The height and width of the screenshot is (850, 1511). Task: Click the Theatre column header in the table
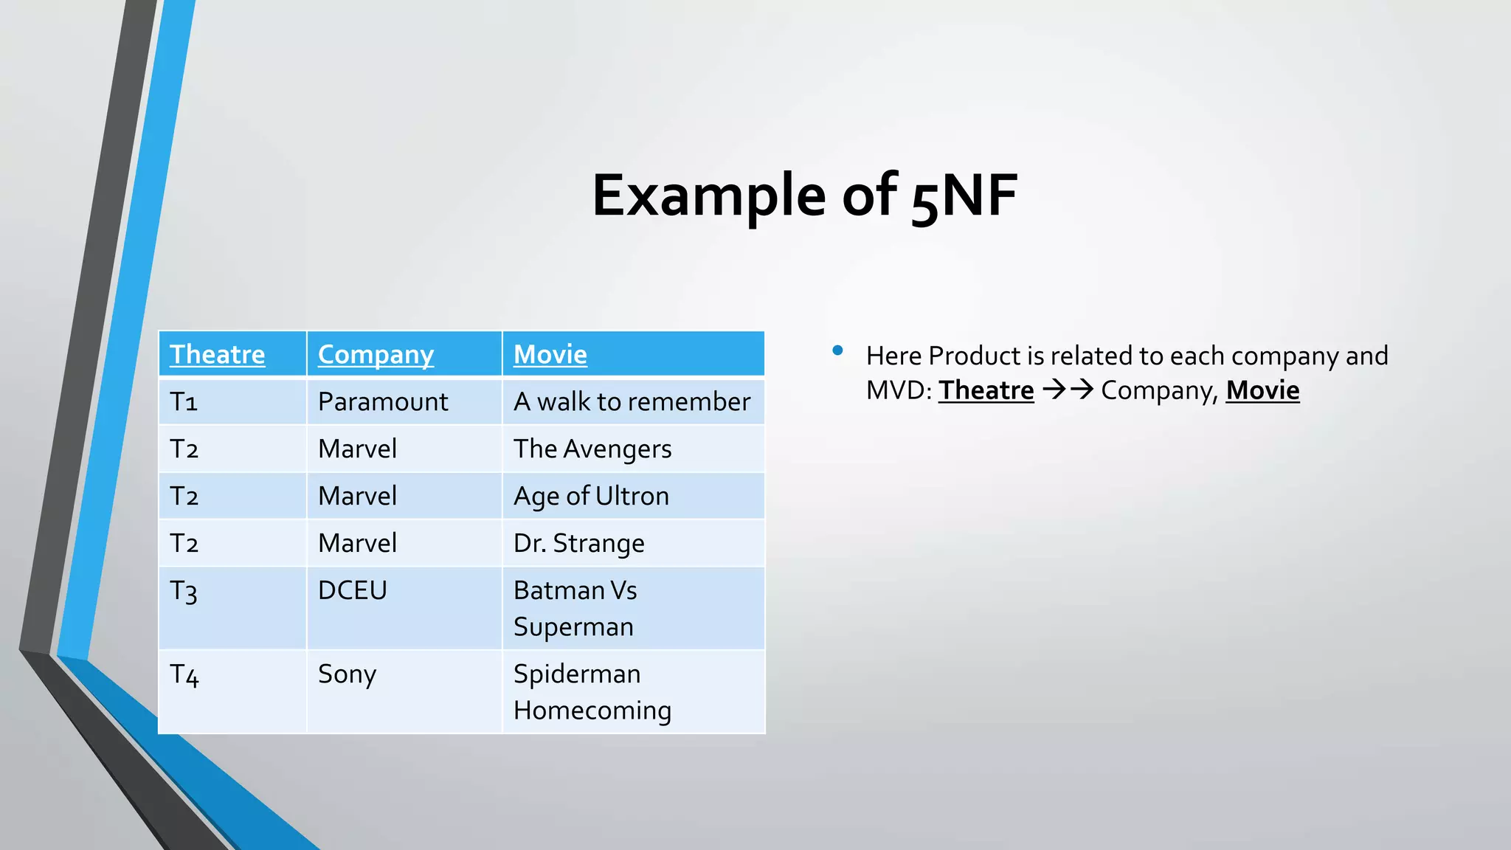(x=217, y=354)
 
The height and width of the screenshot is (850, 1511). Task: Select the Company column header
(x=376, y=354)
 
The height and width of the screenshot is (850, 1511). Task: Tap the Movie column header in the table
(x=550, y=354)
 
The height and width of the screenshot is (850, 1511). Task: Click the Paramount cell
(x=383, y=401)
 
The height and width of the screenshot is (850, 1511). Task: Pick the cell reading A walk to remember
(x=632, y=401)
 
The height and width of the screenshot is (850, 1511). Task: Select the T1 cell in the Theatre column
(x=184, y=401)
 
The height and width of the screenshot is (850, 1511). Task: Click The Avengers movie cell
(x=592, y=449)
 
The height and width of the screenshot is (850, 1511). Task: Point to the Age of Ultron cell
(x=591, y=496)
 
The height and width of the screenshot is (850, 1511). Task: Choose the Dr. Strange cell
(x=578, y=543)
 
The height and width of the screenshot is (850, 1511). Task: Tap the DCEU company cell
(x=352, y=590)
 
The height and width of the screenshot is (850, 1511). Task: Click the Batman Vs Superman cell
(x=575, y=608)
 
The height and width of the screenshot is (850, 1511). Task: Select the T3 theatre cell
(x=184, y=591)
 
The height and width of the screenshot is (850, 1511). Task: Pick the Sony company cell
(x=347, y=674)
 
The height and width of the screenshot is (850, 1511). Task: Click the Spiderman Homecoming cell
(x=592, y=691)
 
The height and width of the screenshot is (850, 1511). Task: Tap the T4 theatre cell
(x=184, y=674)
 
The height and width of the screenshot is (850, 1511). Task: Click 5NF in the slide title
(x=964, y=196)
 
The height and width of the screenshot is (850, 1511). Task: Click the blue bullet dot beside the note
(x=837, y=350)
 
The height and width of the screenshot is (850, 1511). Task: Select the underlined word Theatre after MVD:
(x=986, y=390)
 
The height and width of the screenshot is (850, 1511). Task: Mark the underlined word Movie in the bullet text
(x=1262, y=390)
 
